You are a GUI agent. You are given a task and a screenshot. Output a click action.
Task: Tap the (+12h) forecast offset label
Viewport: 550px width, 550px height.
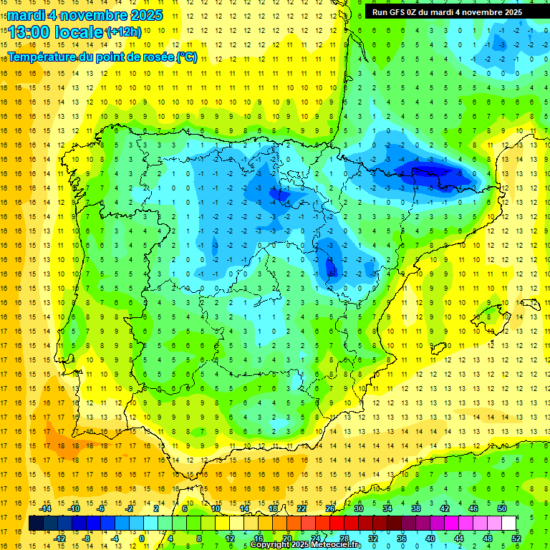point(123,31)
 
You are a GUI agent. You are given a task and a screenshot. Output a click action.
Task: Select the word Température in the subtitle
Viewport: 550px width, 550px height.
point(42,57)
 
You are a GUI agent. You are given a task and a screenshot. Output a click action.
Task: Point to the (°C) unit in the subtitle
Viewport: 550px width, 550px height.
point(186,57)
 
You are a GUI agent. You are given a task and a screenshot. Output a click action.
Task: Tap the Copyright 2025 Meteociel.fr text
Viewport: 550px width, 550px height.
point(306,544)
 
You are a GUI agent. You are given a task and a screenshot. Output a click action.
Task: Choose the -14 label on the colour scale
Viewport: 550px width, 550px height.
point(46,508)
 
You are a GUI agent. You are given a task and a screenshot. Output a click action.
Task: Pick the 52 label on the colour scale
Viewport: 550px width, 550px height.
point(516,539)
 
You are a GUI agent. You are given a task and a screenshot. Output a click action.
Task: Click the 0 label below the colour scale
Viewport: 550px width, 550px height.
point(142,539)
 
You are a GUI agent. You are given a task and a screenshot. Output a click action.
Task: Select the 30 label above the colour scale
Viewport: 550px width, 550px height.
point(358,508)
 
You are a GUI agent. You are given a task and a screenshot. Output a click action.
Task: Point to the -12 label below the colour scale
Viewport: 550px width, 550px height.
point(60,539)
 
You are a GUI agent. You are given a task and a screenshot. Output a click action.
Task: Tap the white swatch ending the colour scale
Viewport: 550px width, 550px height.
point(509,524)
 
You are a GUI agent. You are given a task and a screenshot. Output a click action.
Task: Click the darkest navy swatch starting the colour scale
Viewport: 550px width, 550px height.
point(36,524)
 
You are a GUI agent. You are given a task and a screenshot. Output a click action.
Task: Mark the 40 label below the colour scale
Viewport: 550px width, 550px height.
point(430,539)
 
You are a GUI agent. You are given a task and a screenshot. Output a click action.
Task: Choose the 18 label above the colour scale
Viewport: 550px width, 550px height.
point(272,508)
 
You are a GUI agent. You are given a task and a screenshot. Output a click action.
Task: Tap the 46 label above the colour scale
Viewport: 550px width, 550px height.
point(473,508)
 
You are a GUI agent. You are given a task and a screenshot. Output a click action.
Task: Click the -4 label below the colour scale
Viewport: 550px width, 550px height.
point(115,539)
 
